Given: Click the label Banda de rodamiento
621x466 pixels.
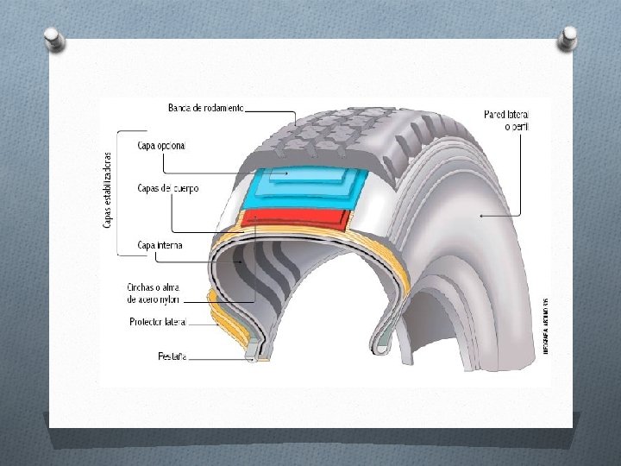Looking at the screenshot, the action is click(206, 108).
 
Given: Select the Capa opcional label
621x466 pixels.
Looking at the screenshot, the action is click(161, 146).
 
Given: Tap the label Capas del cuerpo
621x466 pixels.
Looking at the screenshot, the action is click(168, 188).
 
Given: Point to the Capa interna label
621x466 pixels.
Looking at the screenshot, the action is click(160, 246).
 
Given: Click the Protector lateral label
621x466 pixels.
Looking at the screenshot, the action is click(159, 322).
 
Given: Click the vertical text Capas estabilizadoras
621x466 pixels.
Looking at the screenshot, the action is click(107, 190).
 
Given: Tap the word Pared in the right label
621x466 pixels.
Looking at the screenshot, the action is click(494, 115).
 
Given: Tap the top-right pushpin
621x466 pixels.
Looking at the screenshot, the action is click(568, 37).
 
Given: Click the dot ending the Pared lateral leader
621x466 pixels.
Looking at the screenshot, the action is click(480, 215).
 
